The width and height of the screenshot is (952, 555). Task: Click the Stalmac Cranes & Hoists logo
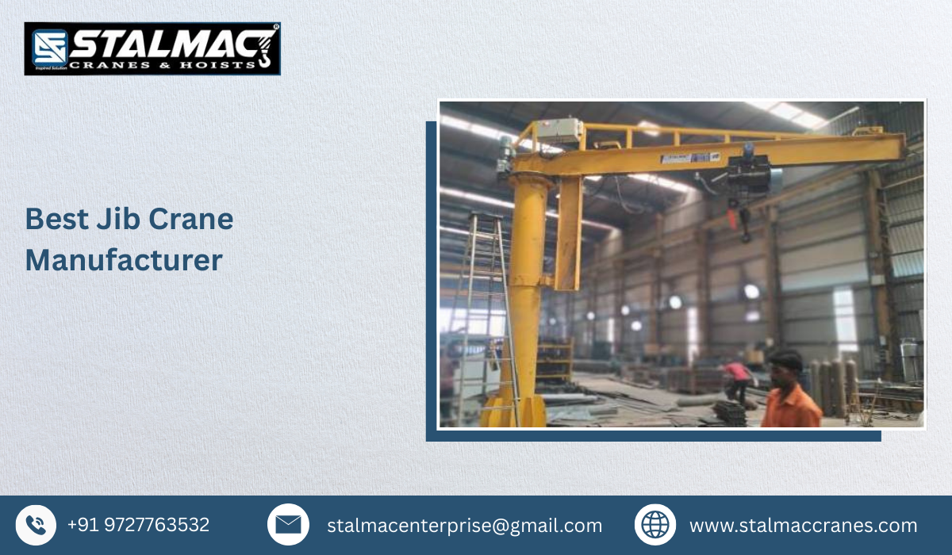coord(152,48)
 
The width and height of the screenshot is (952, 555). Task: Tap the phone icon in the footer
coord(36,525)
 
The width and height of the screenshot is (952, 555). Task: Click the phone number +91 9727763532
coord(138,525)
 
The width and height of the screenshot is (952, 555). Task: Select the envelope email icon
coord(288,525)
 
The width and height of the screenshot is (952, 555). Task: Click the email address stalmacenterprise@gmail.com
coord(464,525)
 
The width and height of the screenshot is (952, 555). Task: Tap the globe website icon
coord(654,525)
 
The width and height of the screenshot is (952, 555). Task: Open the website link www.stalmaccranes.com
coord(803,525)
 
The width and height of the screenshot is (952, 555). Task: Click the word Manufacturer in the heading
coord(124,260)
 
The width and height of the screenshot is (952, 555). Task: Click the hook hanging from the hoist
coord(746,230)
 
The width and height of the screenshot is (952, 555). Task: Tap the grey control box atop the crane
coord(558,131)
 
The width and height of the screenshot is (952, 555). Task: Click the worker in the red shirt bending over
coord(738,377)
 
